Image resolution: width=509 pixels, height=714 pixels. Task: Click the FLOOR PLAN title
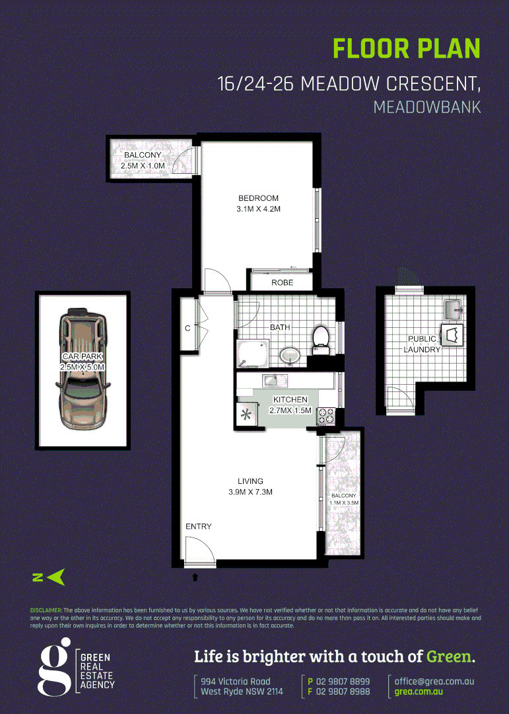(406, 50)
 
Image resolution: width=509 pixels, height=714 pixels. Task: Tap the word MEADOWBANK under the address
(426, 106)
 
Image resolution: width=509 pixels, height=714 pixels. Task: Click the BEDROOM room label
(259, 198)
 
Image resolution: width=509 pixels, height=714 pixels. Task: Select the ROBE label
(282, 283)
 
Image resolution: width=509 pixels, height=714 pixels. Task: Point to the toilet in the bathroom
(321, 336)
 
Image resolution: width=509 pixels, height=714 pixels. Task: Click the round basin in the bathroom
(290, 356)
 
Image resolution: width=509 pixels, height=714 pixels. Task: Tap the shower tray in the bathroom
(253, 353)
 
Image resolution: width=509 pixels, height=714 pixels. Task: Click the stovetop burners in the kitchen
(326, 416)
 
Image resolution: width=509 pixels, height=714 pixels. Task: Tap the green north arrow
(56, 577)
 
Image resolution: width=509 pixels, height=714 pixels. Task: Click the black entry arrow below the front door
(195, 577)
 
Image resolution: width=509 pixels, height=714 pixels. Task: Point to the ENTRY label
(199, 526)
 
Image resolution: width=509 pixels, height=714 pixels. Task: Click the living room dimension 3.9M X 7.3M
(250, 492)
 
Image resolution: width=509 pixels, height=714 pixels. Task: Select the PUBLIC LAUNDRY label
(422, 344)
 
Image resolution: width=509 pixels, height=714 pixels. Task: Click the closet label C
(187, 327)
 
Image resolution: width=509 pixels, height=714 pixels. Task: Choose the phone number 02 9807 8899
(343, 681)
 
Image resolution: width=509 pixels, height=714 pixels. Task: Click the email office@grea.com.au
(434, 681)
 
